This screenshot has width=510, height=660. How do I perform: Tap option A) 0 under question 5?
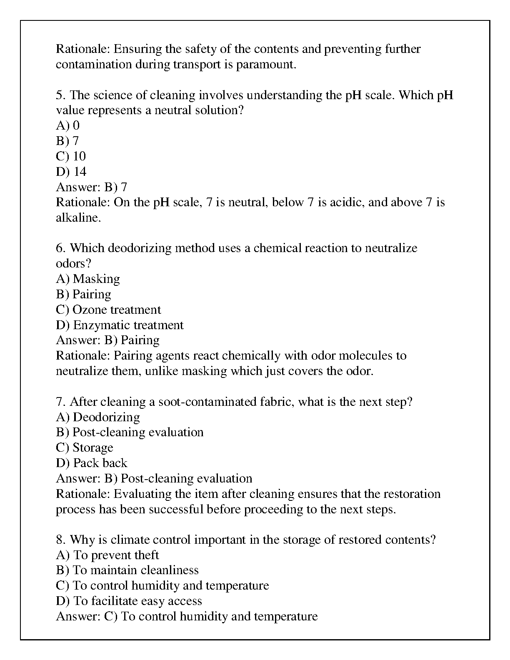coord(67,125)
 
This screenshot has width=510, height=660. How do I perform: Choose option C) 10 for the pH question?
coord(71,156)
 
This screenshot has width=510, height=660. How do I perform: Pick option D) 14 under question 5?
coord(71,172)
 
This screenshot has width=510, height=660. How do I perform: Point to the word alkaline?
coord(78,217)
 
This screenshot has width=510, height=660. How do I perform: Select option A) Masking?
coord(88,279)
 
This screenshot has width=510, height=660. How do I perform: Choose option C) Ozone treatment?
coord(108,310)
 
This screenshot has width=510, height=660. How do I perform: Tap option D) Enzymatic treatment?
coord(120,325)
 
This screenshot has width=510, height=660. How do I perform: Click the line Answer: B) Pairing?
coord(107,340)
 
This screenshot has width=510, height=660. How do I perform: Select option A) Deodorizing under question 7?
coord(98,417)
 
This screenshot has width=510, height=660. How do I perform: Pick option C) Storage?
coord(85,447)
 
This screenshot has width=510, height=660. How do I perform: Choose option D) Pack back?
coord(92,463)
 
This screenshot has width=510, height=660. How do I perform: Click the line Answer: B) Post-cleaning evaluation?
coord(154,478)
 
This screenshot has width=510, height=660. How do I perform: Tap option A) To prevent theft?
coord(107,555)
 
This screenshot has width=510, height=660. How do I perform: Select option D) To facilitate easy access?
coord(129,601)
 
